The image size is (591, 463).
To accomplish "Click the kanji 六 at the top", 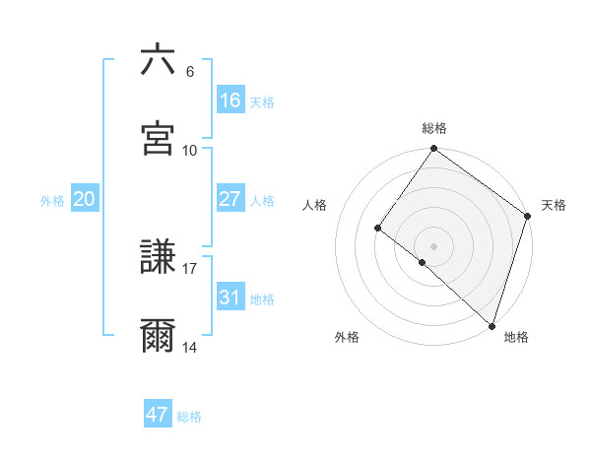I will [158, 60].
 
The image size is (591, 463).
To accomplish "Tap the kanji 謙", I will [158, 258].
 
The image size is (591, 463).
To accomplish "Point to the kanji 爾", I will [158, 336].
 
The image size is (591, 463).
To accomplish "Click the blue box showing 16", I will [230, 100].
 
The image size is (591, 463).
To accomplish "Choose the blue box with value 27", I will [230, 199].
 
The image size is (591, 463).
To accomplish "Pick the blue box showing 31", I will [230, 298].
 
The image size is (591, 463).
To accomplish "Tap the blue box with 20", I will [85, 199].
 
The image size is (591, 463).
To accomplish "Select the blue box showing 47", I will [158, 415].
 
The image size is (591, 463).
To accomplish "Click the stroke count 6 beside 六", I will [190, 72].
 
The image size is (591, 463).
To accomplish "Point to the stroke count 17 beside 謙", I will [190, 268].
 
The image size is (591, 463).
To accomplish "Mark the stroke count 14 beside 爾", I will [190, 347].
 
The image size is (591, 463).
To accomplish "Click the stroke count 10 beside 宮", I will [190, 150].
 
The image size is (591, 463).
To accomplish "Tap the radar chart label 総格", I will [434, 128].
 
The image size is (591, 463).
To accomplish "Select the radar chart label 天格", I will [554, 206].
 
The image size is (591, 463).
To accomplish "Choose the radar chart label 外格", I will [347, 338].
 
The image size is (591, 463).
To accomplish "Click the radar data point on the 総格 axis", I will [434, 150].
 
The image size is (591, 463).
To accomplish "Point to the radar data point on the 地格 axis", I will [492, 324].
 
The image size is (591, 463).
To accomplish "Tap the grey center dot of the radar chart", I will [434, 245].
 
